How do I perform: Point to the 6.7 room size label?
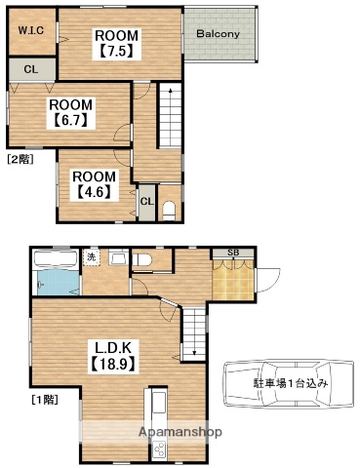(x=70, y=122)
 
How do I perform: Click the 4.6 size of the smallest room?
(x=94, y=191)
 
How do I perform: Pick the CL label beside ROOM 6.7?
(x=30, y=69)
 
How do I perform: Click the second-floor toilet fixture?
(x=169, y=208)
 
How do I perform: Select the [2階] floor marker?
(x=20, y=157)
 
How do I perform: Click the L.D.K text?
(x=115, y=348)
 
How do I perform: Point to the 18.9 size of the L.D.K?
(x=115, y=366)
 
